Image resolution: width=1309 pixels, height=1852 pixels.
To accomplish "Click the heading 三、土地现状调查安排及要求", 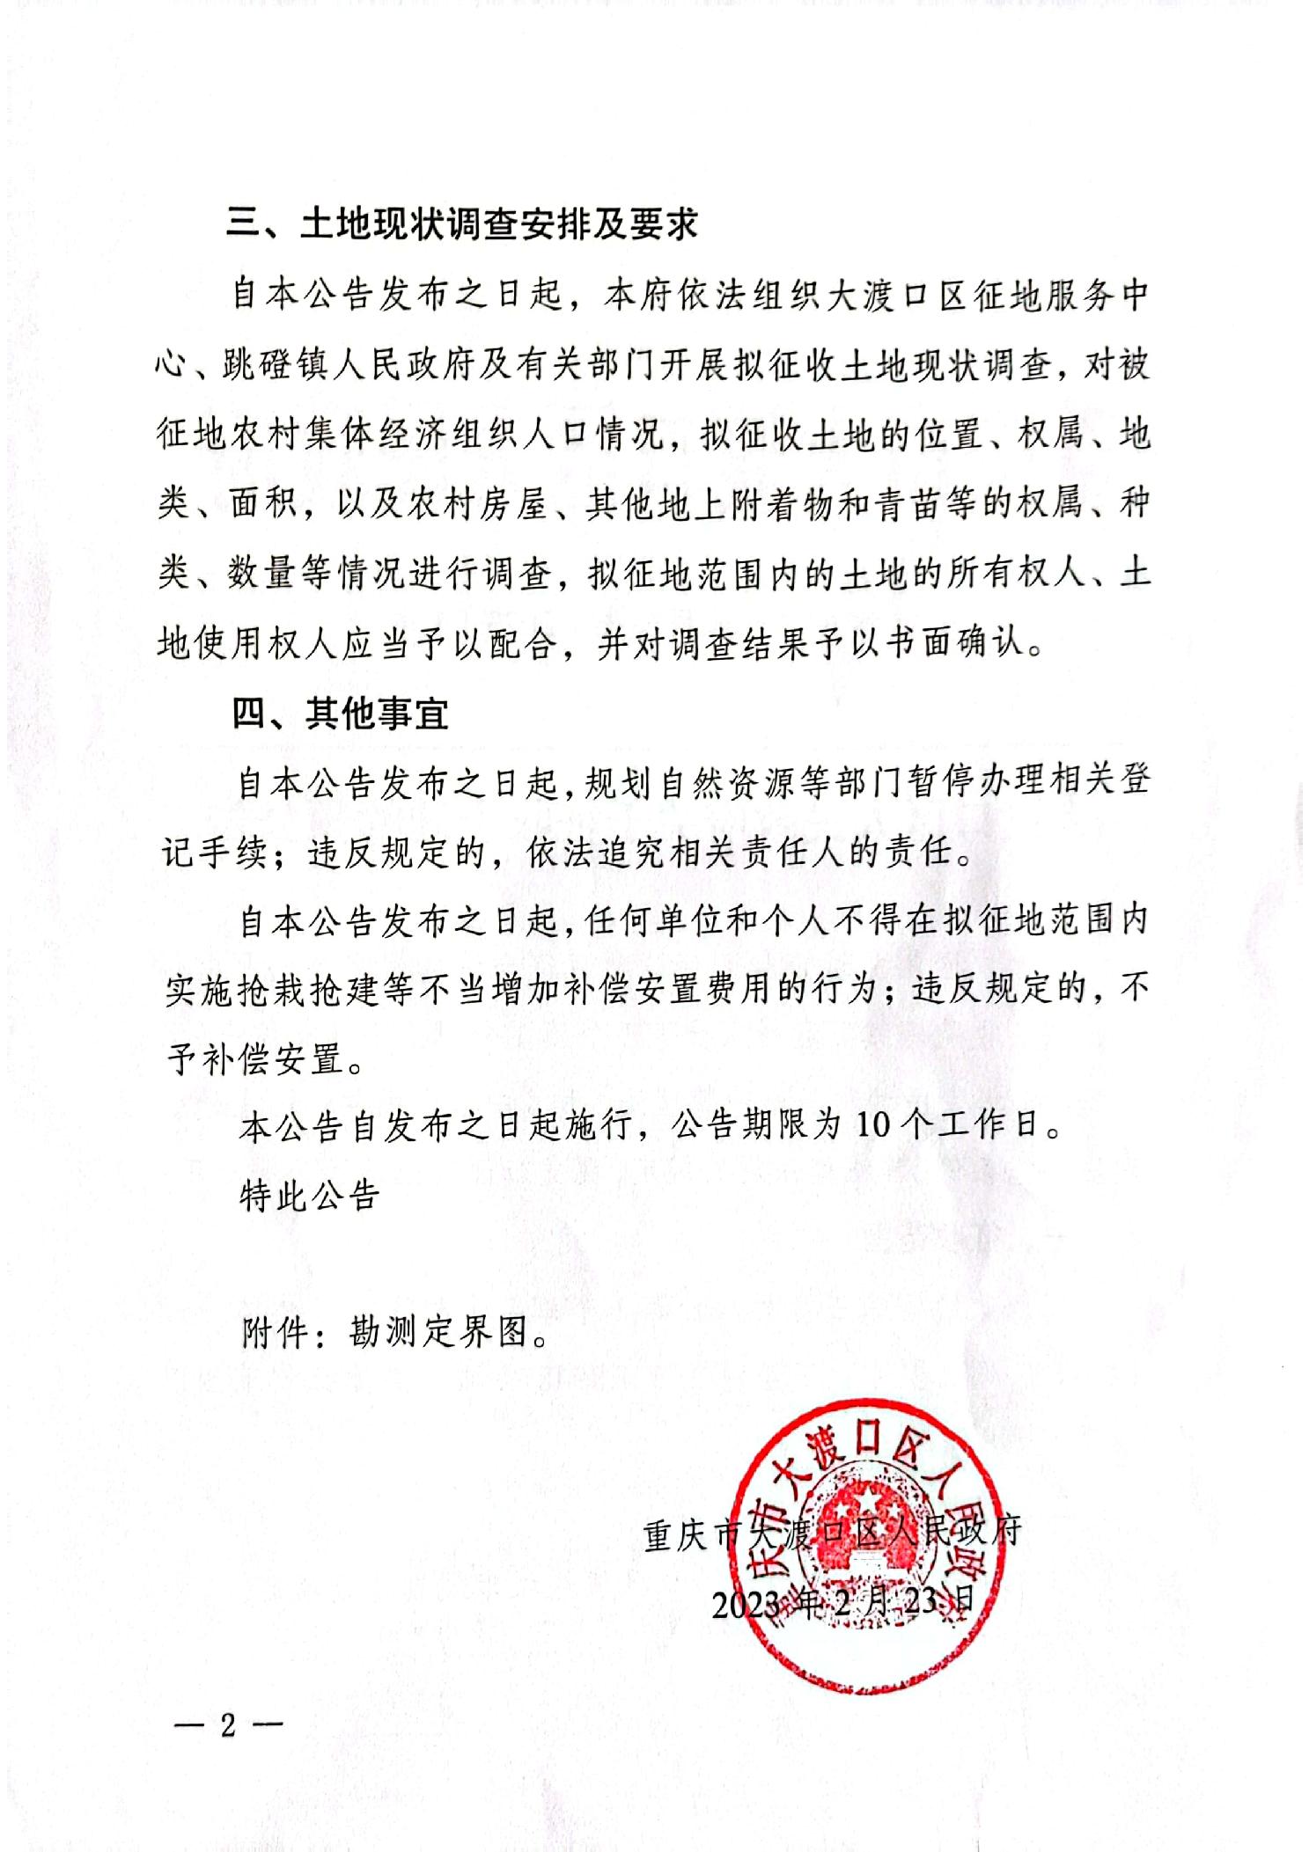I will point(461,223).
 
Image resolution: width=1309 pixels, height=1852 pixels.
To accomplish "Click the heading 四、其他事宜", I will point(340,713).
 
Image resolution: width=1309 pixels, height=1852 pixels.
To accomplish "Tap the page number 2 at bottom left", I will point(228,1725).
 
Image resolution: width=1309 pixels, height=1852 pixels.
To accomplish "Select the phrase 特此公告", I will point(309,1195).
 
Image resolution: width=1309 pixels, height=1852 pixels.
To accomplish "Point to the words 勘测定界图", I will point(439,1332).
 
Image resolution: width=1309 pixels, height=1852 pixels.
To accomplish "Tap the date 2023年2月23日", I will point(842,1602).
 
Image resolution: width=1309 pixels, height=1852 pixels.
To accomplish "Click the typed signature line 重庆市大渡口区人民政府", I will point(832,1534).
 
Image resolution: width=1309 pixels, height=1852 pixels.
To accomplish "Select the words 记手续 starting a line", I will point(215,852).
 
